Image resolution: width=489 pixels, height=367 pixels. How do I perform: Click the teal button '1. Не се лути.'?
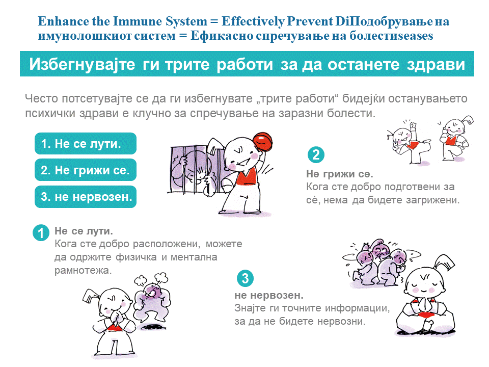tap(86, 144)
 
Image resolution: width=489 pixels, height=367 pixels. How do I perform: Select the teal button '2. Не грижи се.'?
tap(86, 170)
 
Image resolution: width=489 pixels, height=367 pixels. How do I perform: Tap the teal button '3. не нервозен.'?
tap(86, 197)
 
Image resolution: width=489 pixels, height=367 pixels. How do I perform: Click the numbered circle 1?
tap(41, 233)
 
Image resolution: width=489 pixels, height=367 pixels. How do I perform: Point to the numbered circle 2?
tap(316, 155)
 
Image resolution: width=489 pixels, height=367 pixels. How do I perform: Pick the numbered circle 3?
tap(245, 278)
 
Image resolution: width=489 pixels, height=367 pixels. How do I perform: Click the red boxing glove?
tap(263, 142)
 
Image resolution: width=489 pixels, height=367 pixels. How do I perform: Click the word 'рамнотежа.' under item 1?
tap(83, 270)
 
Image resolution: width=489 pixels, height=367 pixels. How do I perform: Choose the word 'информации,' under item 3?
tap(358, 308)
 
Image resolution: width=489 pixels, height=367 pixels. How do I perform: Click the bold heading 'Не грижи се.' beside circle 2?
tap(340, 174)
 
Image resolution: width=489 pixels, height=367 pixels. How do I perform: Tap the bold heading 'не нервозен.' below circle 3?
tap(269, 295)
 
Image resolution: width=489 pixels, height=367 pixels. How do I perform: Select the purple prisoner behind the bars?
tap(187, 170)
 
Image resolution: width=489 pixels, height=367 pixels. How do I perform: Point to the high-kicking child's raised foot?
tap(413, 126)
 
